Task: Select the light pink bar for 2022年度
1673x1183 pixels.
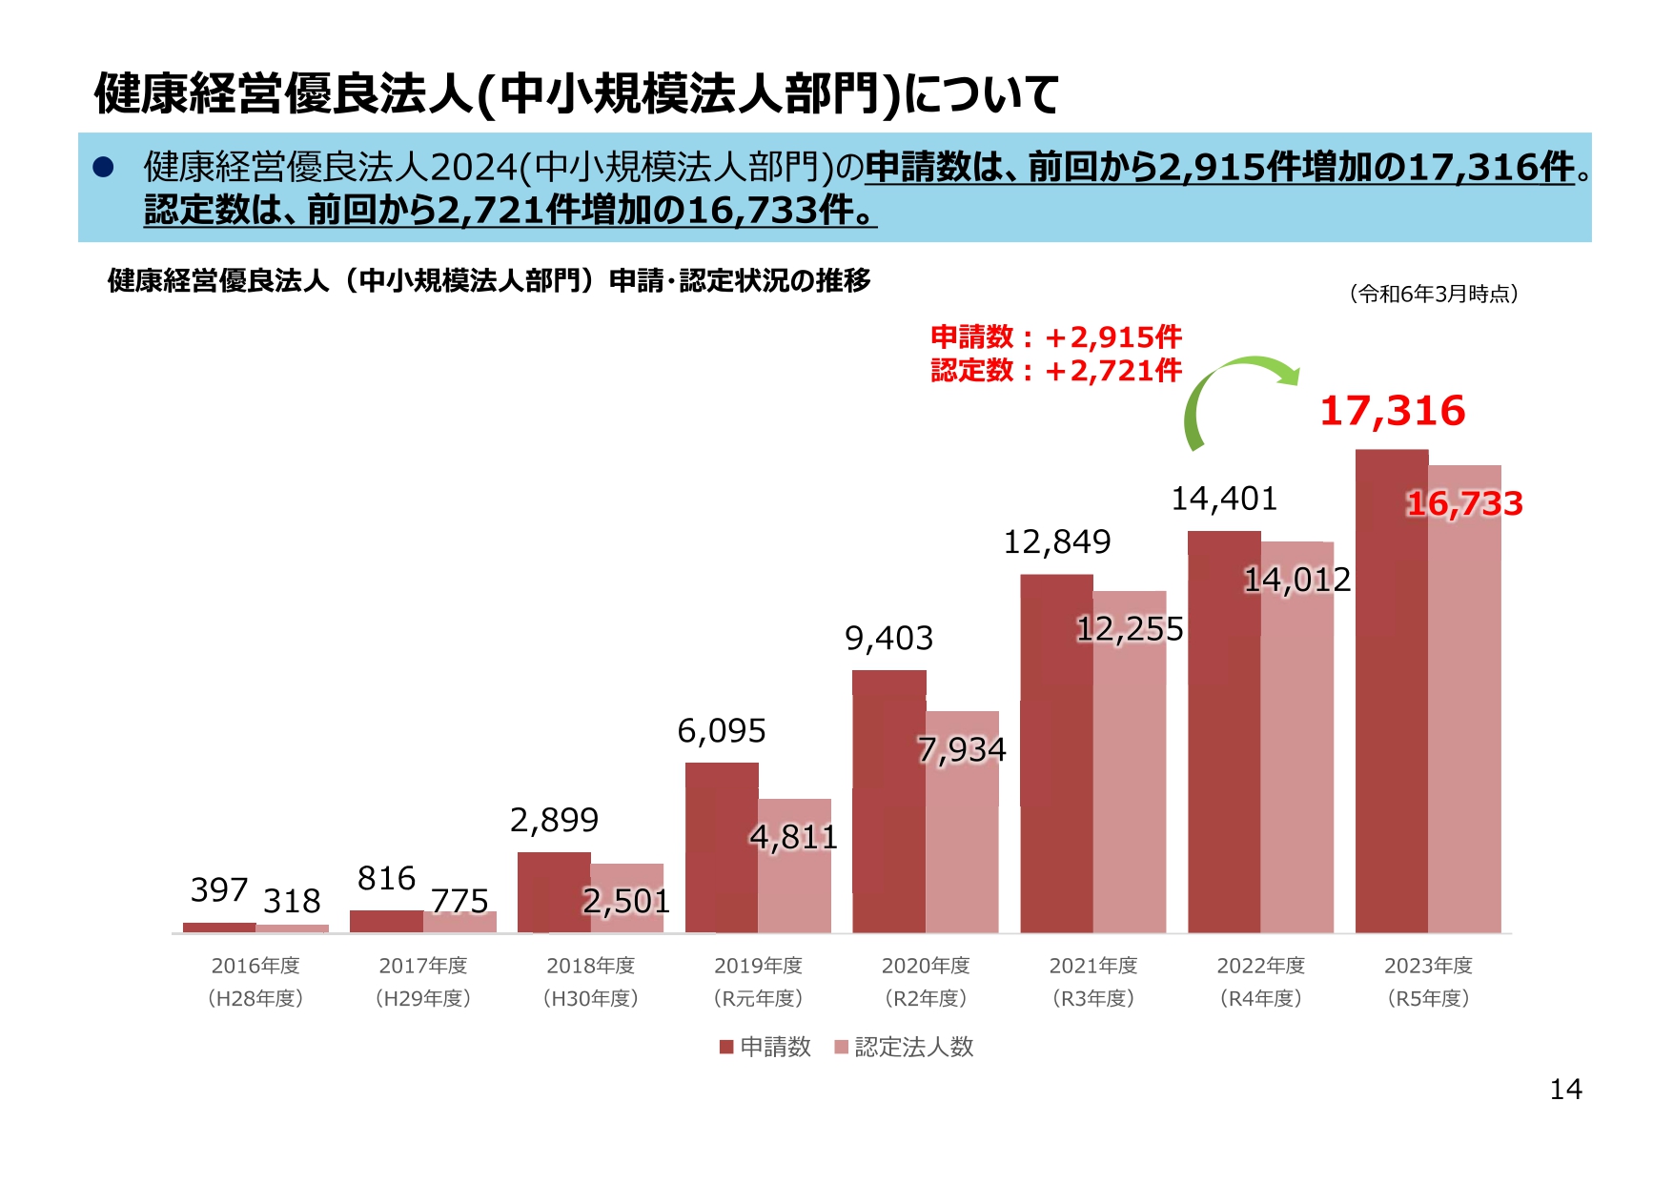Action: (1296, 753)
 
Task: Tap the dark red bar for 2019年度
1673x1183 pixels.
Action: (721, 847)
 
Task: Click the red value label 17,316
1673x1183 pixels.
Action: (1392, 411)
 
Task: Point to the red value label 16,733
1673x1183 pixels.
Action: (1464, 503)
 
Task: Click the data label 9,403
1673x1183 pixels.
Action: (888, 638)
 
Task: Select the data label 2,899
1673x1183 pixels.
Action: (554, 820)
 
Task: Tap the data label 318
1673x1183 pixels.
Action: (292, 901)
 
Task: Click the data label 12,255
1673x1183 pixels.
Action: (1130, 629)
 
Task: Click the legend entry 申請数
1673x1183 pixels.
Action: (765, 1047)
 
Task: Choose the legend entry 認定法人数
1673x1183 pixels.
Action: (904, 1047)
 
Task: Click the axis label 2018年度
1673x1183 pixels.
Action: (590, 966)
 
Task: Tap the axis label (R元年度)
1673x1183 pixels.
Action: (758, 998)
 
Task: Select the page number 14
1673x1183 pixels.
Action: (1565, 1090)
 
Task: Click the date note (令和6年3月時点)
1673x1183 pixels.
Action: (1434, 294)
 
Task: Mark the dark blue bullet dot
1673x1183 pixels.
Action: (103, 168)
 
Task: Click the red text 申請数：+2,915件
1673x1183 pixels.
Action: (1055, 337)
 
